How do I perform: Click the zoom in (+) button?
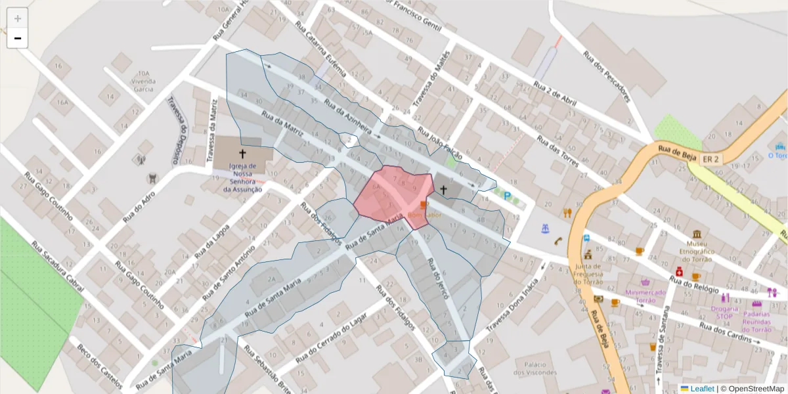(x=18, y=18)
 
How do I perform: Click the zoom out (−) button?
(x=18, y=39)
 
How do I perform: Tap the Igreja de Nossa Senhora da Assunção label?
(x=242, y=178)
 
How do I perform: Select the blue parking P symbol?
(x=507, y=195)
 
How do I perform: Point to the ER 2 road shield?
(x=711, y=160)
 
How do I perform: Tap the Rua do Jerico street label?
(x=437, y=278)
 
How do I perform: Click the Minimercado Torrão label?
(x=645, y=296)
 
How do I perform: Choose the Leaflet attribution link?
(x=702, y=389)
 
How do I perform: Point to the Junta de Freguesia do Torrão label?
(x=588, y=274)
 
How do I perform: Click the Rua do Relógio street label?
(x=720, y=287)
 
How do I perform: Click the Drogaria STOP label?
(x=724, y=312)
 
